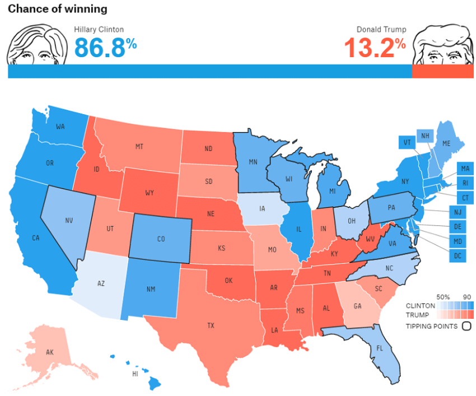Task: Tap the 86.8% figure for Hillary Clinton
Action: coord(105,48)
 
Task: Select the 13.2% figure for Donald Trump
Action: coord(374,48)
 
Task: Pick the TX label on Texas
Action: coord(211,325)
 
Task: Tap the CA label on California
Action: coord(36,238)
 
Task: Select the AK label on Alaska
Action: coord(49,352)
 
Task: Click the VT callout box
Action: coord(407,143)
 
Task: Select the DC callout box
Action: coord(458,256)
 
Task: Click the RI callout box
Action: coord(465,182)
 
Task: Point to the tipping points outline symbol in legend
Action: coord(466,326)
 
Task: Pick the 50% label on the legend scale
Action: coord(443,296)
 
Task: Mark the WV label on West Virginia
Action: coord(370,239)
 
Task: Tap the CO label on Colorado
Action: coord(161,239)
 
